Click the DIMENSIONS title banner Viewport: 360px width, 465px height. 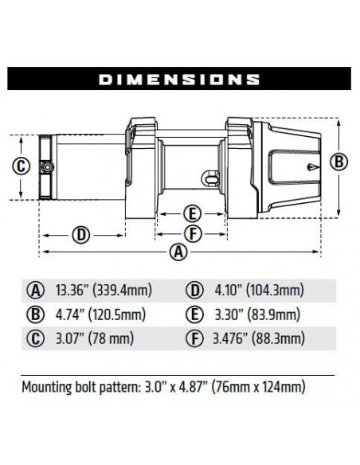click(x=180, y=79)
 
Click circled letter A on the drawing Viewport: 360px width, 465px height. click(x=180, y=252)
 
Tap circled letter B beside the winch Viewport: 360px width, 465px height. click(x=338, y=162)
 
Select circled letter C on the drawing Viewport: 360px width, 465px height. click(x=22, y=166)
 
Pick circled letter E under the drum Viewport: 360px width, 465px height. click(x=190, y=213)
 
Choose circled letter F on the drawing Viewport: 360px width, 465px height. click(x=190, y=232)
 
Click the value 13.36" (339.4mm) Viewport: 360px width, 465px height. click(x=104, y=290)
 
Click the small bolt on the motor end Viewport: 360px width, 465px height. click(x=49, y=167)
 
